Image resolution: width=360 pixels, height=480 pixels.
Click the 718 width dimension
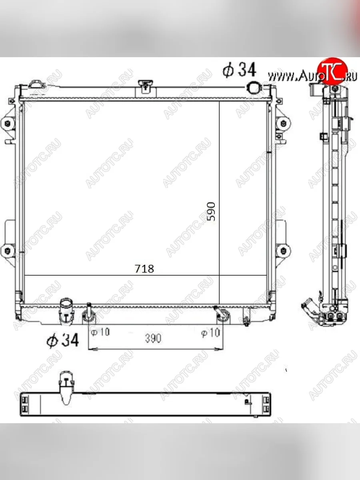tap(144, 269)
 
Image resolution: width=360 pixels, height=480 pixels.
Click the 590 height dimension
tap(211, 212)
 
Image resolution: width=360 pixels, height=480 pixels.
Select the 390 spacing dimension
tap(153, 338)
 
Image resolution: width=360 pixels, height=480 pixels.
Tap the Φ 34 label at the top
tap(239, 70)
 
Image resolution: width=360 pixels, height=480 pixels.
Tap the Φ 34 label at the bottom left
tap(62, 340)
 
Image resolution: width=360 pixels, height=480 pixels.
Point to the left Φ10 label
tap(100, 332)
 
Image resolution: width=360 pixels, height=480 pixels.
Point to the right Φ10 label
tap(210, 333)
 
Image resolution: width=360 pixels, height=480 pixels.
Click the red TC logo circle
tap(332, 71)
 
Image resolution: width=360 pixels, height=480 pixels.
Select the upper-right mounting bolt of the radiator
tap(284, 124)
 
